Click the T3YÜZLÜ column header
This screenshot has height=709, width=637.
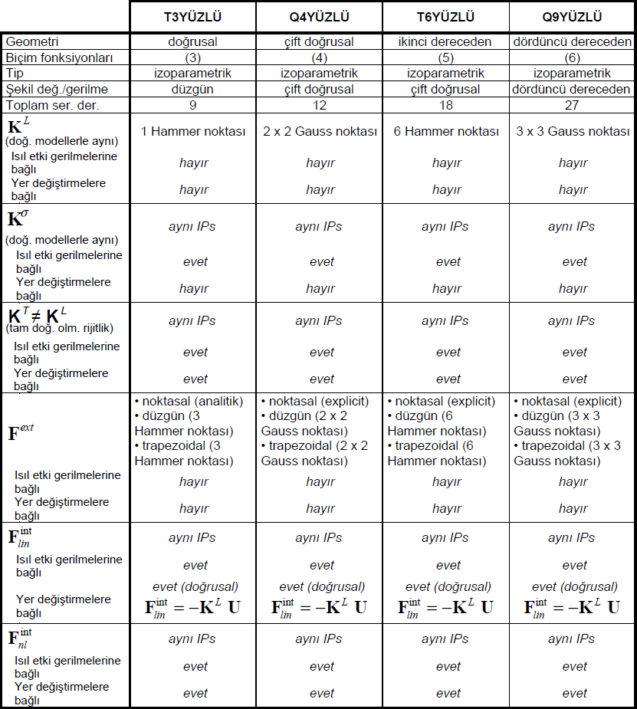pyautogui.click(x=193, y=17)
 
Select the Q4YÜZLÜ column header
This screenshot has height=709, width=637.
pyautogui.click(x=320, y=17)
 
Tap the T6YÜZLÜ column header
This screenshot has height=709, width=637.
pyautogui.click(x=446, y=17)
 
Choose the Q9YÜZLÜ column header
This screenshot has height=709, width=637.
pyautogui.click(x=573, y=17)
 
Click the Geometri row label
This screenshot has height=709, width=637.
pyautogui.click(x=31, y=42)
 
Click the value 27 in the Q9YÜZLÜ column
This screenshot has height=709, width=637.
pyautogui.click(x=573, y=105)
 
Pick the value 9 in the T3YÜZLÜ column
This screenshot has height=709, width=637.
pyautogui.click(x=193, y=105)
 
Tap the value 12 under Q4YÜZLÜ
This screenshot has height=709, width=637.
pyautogui.click(x=320, y=105)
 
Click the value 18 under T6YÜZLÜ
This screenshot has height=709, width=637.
pyautogui.click(x=446, y=105)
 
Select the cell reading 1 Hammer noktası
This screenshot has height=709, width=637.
pyautogui.click(x=193, y=132)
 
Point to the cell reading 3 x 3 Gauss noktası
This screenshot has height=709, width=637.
pyautogui.click(x=573, y=132)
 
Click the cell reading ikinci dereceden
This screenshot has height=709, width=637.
pyautogui.click(x=446, y=42)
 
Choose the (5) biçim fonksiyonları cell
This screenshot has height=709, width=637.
pyautogui.click(x=446, y=58)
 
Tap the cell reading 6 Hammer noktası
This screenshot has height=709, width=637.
pyautogui.click(x=446, y=132)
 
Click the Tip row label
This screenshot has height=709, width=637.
pyautogui.click(x=15, y=74)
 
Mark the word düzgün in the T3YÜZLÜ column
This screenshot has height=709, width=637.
pyautogui.click(x=193, y=89)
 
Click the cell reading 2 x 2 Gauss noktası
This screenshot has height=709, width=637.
pyautogui.click(x=320, y=132)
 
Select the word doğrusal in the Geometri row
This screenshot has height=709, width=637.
pyautogui.click(x=193, y=42)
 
